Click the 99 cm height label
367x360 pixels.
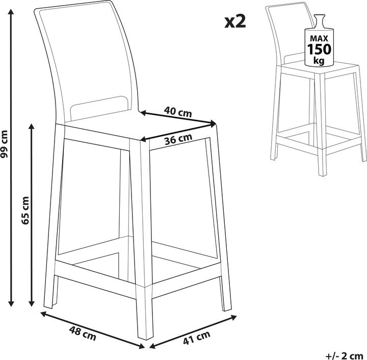click(x=4, y=144)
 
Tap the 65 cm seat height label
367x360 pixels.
click(x=25, y=211)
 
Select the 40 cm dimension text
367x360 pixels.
click(x=178, y=112)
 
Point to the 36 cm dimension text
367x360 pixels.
click(x=178, y=139)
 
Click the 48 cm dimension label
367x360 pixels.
click(x=83, y=333)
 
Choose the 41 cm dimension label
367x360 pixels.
click(x=197, y=338)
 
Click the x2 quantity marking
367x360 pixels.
click(x=235, y=22)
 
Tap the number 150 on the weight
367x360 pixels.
click(x=319, y=49)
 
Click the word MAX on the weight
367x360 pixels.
click(x=319, y=38)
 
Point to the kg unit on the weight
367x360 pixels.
click(x=319, y=61)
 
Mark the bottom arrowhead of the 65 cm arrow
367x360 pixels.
click(x=32, y=303)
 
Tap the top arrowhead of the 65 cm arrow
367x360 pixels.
click(x=32, y=126)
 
